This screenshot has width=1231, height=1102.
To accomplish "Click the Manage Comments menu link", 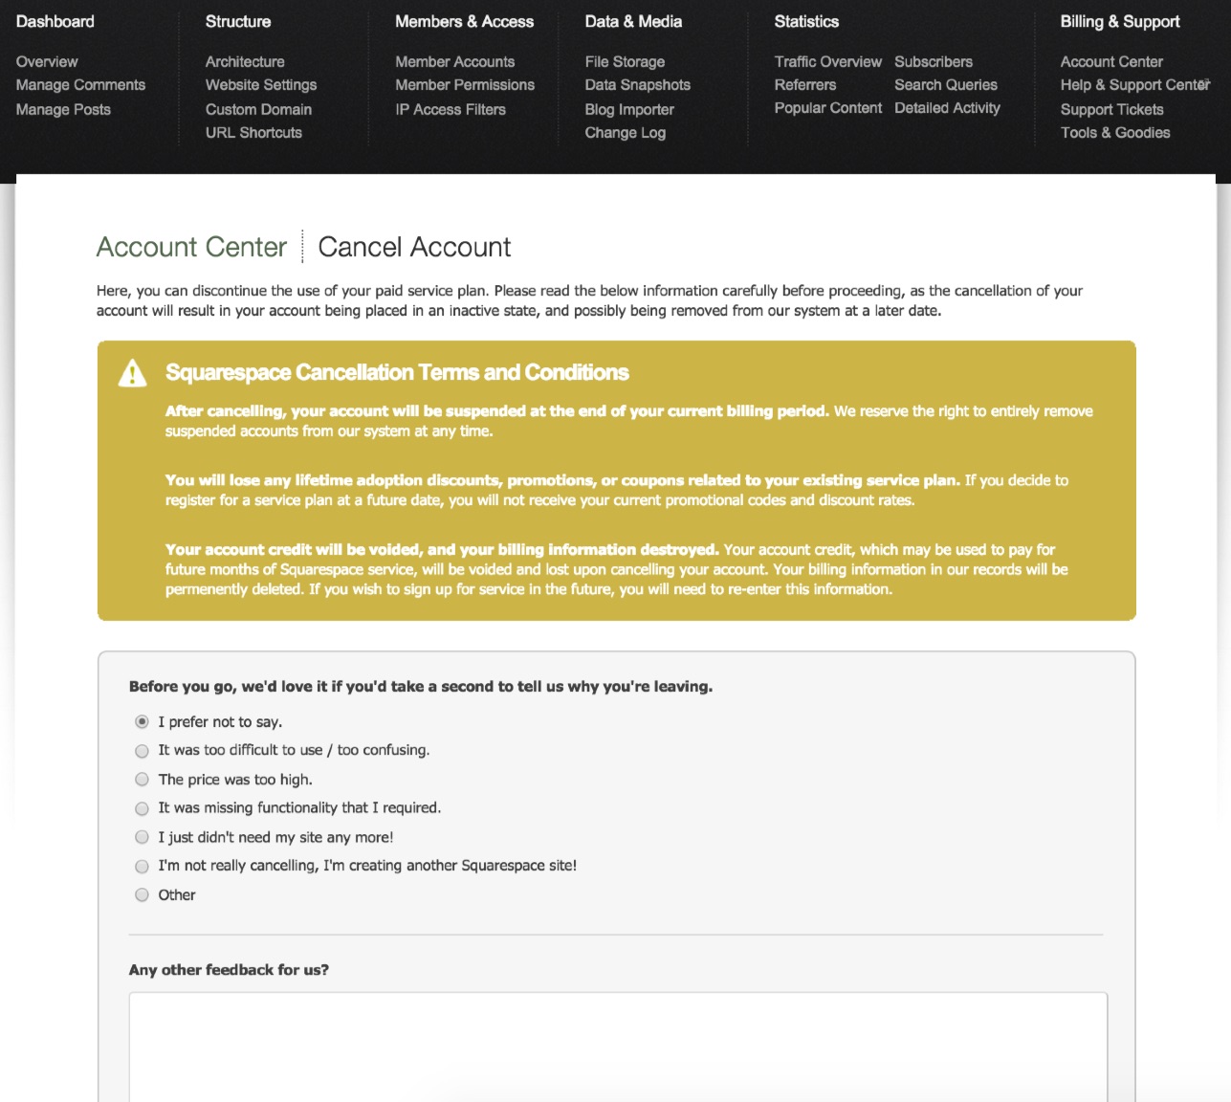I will coord(80,85).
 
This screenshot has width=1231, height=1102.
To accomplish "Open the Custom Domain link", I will coord(258,109).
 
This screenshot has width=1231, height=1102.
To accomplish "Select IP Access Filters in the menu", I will coord(451,109).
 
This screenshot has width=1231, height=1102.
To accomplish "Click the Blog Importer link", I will coord(629,109).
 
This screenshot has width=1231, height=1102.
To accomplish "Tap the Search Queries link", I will coord(945,85).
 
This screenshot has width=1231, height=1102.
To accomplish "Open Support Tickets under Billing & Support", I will coord(1111,109).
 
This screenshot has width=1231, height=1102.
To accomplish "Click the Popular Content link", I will coord(827,108).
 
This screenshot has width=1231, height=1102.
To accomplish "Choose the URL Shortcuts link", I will coord(253,133).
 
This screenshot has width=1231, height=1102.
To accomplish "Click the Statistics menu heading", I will coord(806,21).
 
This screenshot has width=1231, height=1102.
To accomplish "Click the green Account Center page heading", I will coord(191,247).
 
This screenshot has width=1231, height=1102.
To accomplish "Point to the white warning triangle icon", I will coord(132,373).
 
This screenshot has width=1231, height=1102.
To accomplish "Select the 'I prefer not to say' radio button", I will coord(142,721).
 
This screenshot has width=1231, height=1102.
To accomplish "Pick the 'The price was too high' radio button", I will coord(142,780).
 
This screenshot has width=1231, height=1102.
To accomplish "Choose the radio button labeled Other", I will coord(142,895).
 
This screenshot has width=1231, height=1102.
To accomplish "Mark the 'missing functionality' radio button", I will coord(142,808).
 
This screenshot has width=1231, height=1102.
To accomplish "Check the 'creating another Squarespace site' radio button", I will coord(142,867).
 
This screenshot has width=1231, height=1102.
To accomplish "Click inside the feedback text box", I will coord(618,1047).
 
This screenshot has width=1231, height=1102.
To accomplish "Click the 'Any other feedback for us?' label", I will coord(229,970).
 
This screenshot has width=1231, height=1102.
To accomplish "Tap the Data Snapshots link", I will coord(637,85).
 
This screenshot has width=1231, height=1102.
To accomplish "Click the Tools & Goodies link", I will coord(1114,133).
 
